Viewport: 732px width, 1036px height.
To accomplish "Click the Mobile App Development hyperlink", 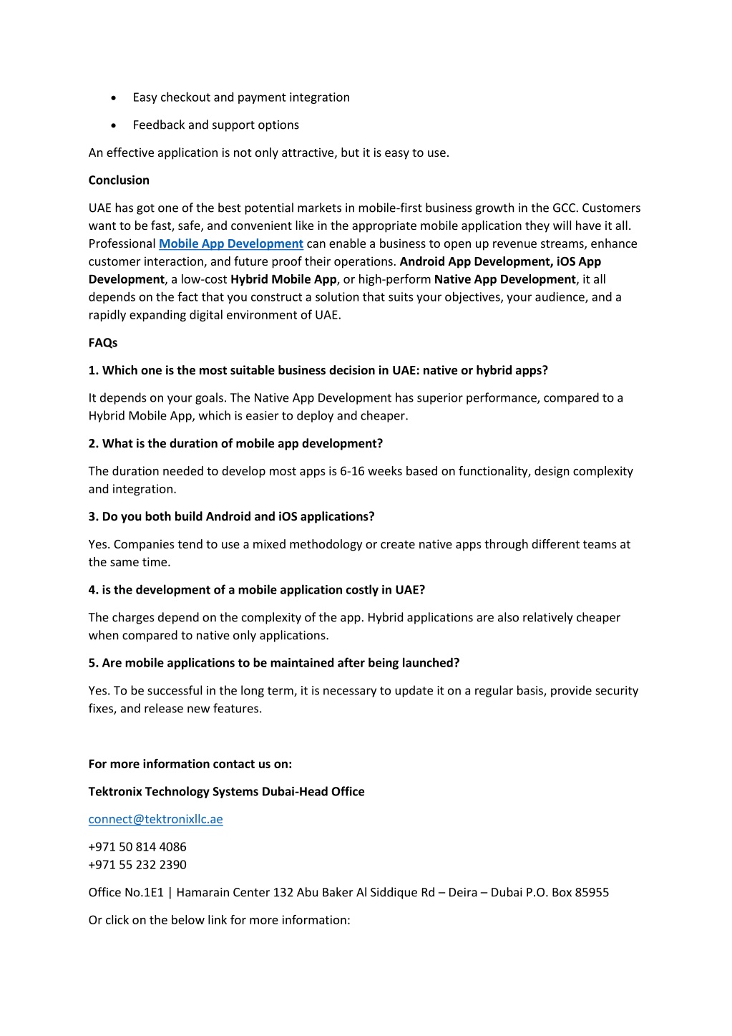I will [230, 244].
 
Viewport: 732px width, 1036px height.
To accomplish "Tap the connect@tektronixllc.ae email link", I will [155, 819].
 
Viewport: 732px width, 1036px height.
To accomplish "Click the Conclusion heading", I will [119, 180].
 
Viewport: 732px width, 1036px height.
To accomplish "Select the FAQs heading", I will [102, 343].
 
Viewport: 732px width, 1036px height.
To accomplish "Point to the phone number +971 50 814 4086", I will [137, 847].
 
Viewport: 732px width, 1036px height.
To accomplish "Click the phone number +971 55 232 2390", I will [137, 865].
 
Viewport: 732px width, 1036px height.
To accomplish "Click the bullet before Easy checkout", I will [114, 98].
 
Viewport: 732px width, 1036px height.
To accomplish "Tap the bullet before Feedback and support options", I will [114, 125].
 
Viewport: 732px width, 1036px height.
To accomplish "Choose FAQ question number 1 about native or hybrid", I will [318, 370].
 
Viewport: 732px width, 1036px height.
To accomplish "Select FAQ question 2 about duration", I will [235, 444].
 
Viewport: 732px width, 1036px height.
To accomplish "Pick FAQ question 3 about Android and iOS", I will [231, 517].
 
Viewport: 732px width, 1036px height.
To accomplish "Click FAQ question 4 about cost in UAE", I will [256, 590].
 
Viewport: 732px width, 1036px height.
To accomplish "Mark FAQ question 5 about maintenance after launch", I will [273, 663].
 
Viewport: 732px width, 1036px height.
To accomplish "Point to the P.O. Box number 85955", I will [592, 893].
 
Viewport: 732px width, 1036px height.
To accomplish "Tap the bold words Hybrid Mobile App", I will [283, 279].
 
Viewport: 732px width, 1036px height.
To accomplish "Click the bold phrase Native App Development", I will [504, 279].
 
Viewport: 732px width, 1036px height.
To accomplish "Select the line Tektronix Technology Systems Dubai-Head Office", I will [226, 792].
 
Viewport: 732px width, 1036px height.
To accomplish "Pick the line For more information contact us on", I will [190, 764].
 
